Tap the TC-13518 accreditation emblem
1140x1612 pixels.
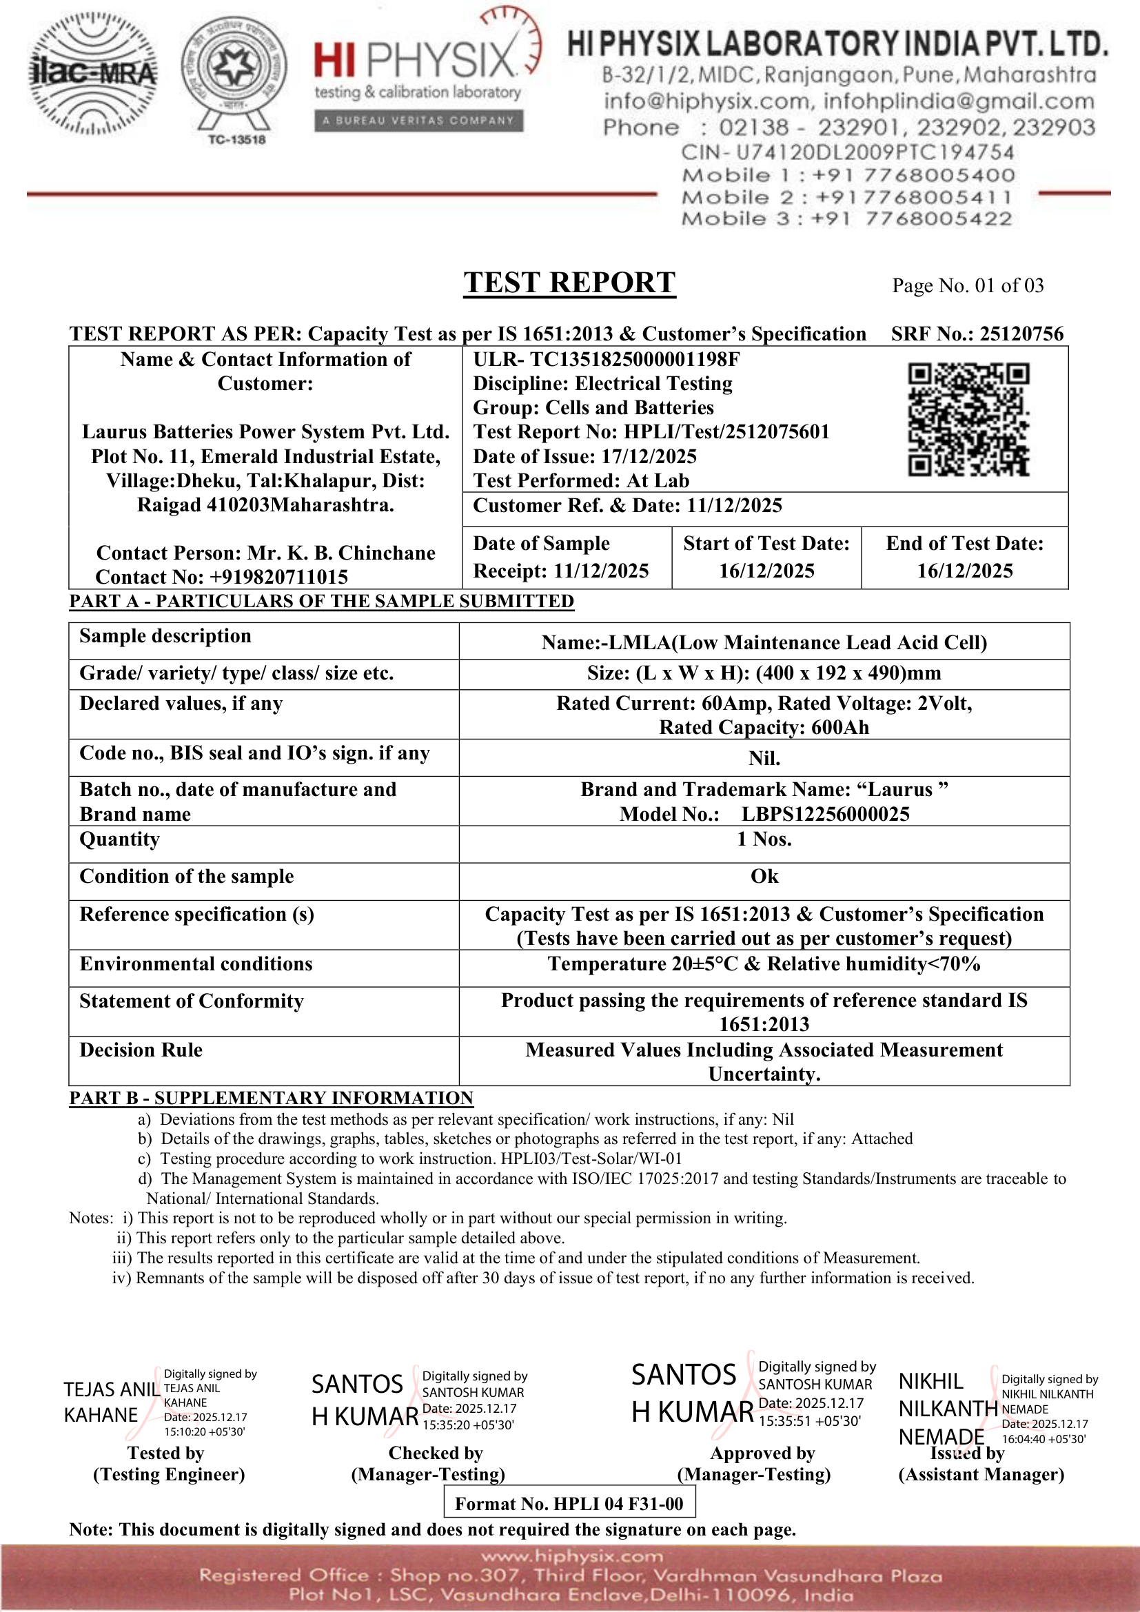click(x=234, y=79)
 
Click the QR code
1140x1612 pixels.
click(x=968, y=420)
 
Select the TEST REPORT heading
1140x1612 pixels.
click(x=569, y=283)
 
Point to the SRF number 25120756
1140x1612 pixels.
click(x=1021, y=334)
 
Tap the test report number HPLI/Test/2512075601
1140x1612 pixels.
click(x=726, y=432)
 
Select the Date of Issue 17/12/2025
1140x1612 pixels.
click(x=649, y=456)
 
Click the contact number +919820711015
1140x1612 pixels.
click(x=278, y=577)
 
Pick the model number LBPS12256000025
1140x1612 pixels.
click(x=826, y=814)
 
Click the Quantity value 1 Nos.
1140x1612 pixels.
click(x=764, y=839)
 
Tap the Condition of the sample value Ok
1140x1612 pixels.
click(x=764, y=876)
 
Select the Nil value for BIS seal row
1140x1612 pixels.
click(x=764, y=758)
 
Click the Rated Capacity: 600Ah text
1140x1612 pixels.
click(x=764, y=727)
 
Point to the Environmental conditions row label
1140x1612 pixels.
click(x=196, y=964)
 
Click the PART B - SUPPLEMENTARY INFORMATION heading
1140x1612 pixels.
click(x=271, y=1098)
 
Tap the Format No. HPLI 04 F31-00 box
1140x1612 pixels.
click(x=569, y=1503)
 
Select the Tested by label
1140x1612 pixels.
click(x=165, y=1453)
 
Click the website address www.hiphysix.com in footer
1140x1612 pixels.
click(x=571, y=1557)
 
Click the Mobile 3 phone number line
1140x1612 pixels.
click(x=846, y=219)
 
